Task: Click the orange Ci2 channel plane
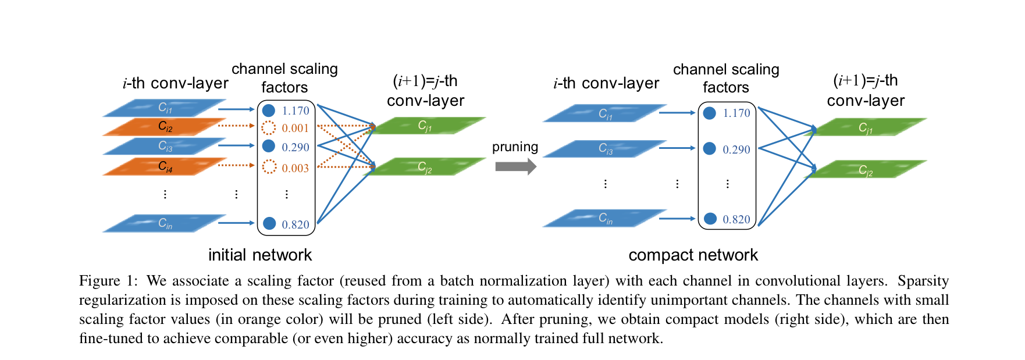(x=165, y=126)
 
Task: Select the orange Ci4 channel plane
(x=165, y=167)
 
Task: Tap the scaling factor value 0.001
(x=295, y=129)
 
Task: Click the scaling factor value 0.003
(x=295, y=168)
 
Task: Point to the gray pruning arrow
(x=515, y=167)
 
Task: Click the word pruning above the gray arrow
(x=515, y=147)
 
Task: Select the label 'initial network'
(x=260, y=255)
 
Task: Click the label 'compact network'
(x=693, y=255)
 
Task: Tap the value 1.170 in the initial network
(x=295, y=111)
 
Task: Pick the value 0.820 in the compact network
(x=736, y=219)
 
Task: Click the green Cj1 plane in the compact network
(x=866, y=127)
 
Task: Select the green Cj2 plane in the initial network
(x=425, y=167)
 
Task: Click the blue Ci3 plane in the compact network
(x=605, y=149)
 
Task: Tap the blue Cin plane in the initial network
(x=165, y=223)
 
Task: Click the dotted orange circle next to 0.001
(x=268, y=128)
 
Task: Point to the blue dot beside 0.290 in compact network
(x=709, y=149)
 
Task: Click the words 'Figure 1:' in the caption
(x=108, y=281)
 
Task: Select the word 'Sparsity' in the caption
(x=923, y=281)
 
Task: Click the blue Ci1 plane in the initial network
(x=165, y=108)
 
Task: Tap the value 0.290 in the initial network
(x=295, y=147)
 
